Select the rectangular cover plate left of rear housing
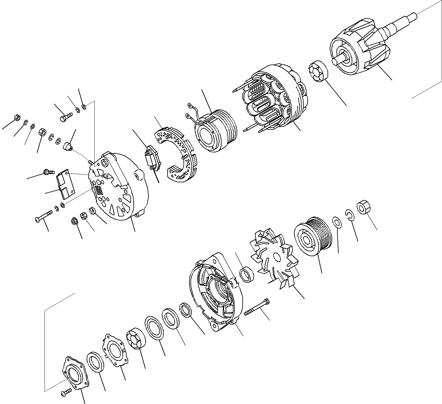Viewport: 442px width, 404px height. [65, 182]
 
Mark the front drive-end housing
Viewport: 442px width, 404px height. [215, 290]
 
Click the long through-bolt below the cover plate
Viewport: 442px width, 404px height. [45, 217]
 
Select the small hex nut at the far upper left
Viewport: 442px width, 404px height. [17, 118]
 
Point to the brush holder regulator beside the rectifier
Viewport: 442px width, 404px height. [152, 158]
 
